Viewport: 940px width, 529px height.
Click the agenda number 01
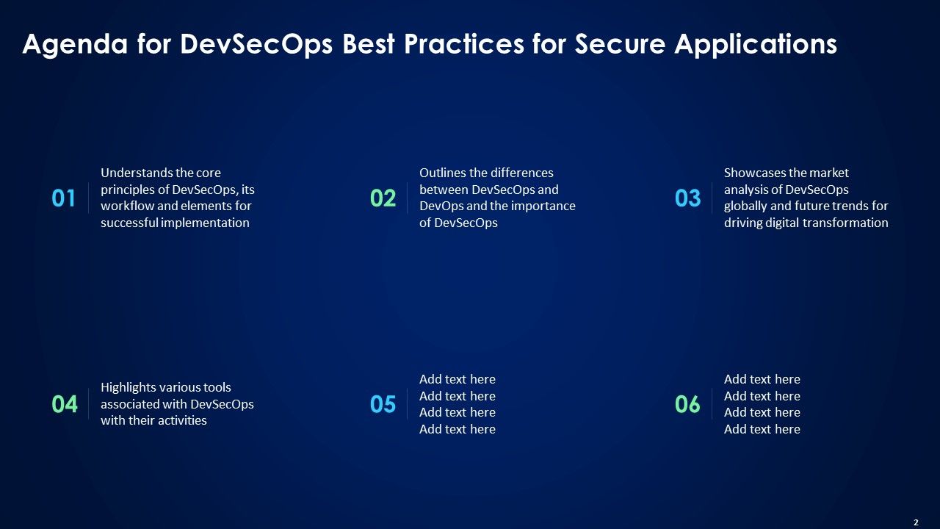pyautogui.click(x=64, y=198)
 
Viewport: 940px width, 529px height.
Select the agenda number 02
pyautogui.click(x=383, y=198)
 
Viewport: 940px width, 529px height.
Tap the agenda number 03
pyautogui.click(x=687, y=198)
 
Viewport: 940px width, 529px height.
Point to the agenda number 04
pyautogui.click(x=65, y=405)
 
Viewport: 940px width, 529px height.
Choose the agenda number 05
pyautogui.click(x=383, y=405)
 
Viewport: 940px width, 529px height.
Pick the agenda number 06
pyautogui.click(x=687, y=405)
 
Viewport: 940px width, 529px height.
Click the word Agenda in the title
pyautogui.click(x=75, y=45)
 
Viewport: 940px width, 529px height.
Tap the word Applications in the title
pyautogui.click(x=756, y=45)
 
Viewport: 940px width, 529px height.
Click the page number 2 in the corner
pyautogui.click(x=916, y=522)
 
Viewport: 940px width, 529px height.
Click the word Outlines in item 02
pyautogui.click(x=443, y=173)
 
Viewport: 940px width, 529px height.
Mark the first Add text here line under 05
pyautogui.click(x=457, y=380)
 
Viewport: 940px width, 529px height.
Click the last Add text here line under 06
pyautogui.click(x=762, y=430)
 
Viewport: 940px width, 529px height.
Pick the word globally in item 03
pyautogui.click(x=746, y=206)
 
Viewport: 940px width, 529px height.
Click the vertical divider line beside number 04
pyautogui.click(x=89, y=404)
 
